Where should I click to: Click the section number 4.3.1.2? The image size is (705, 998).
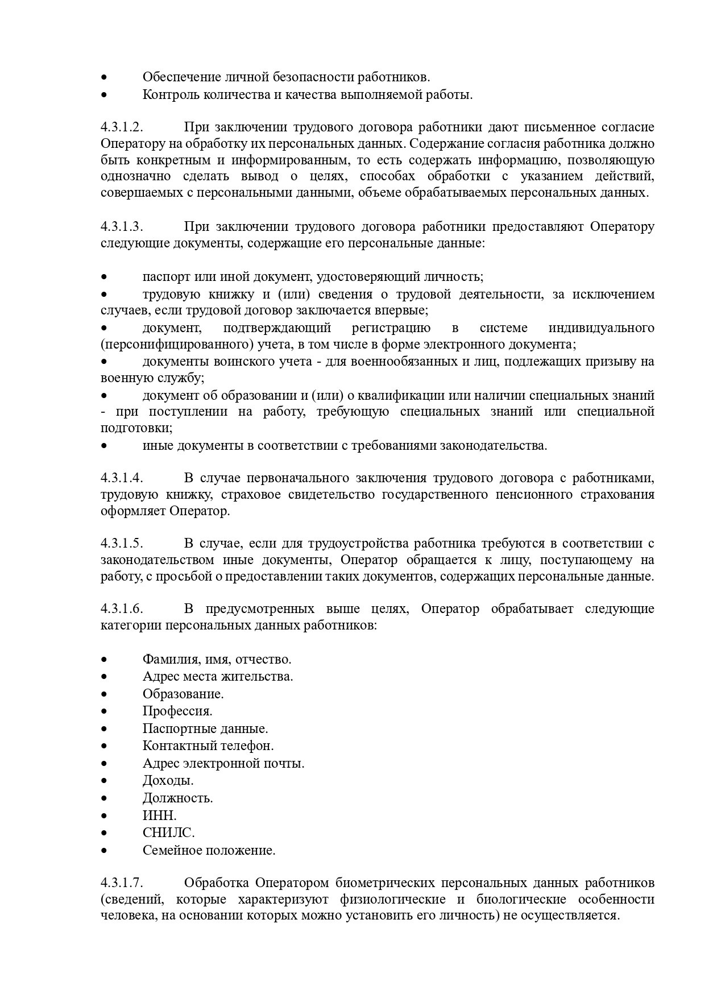point(122,127)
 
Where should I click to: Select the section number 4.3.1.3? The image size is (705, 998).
point(122,227)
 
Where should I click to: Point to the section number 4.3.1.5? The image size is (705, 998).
point(122,543)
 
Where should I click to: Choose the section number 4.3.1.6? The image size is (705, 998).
point(122,609)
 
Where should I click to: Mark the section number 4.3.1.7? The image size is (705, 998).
point(122,883)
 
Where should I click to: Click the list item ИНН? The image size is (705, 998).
point(159,815)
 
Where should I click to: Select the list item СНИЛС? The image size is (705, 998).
point(168,833)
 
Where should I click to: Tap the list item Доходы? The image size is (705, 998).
point(168,780)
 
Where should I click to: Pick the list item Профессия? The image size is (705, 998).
point(177,711)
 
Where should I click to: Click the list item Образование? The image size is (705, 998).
point(183,694)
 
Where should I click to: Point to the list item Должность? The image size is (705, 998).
point(177,798)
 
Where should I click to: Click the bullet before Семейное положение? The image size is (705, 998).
point(104,851)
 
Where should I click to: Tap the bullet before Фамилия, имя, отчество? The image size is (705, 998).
point(104,660)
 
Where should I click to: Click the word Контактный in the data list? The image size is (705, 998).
point(173,746)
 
